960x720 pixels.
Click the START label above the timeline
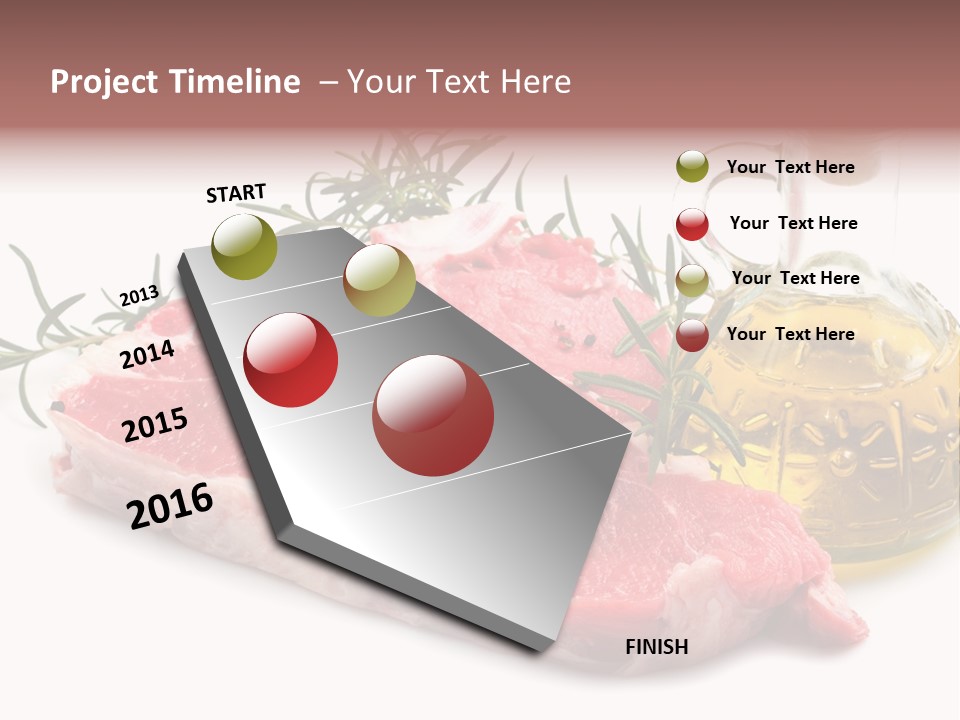click(x=236, y=193)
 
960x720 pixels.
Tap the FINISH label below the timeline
click(x=657, y=647)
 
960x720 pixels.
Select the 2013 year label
click(x=139, y=296)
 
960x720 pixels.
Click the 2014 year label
click(x=148, y=354)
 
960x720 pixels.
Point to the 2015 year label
click(x=155, y=425)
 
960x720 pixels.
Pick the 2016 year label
click(x=170, y=505)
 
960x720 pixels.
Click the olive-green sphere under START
click(x=245, y=247)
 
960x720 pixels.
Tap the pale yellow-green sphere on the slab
click(x=379, y=280)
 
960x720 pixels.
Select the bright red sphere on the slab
click(x=291, y=360)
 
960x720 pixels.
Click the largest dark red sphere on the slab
click(x=433, y=415)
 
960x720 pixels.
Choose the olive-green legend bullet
click(x=692, y=166)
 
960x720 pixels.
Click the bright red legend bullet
click(x=692, y=224)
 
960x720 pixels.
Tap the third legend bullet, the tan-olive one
click(x=692, y=280)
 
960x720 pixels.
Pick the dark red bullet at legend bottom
click(x=692, y=336)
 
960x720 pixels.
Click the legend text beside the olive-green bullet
click(x=790, y=167)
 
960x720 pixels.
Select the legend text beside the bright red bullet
click(x=793, y=223)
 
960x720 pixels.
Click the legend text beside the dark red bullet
click(x=790, y=334)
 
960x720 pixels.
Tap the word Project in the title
click(x=103, y=82)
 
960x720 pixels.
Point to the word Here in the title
click(x=534, y=82)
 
